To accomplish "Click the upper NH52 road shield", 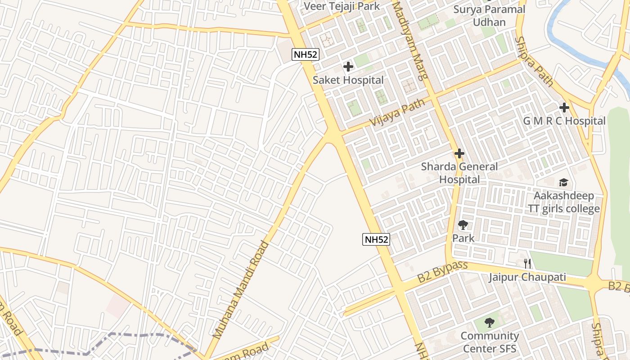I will tap(306, 55).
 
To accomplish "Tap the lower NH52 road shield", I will tap(376, 239).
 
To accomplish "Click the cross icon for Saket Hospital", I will tap(348, 67).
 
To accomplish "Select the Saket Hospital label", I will tap(348, 80).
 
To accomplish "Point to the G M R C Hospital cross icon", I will tap(564, 108).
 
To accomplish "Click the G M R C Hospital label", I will tap(564, 121).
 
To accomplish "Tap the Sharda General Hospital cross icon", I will tap(459, 154).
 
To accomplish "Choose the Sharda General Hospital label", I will tap(459, 173).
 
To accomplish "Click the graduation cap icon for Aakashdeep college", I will tap(563, 183).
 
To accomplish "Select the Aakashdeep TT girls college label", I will tap(563, 202).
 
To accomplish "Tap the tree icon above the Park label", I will tap(463, 225).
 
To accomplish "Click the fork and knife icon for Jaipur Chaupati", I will tap(527, 264).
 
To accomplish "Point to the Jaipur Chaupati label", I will tap(527, 277).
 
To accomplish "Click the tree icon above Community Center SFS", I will tap(489, 323).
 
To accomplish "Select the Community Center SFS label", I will tap(489, 342).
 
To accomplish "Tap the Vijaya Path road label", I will tap(397, 113).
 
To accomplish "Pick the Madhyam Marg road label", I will tap(410, 40).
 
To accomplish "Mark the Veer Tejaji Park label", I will tap(342, 6).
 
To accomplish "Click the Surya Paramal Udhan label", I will tap(489, 16).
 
